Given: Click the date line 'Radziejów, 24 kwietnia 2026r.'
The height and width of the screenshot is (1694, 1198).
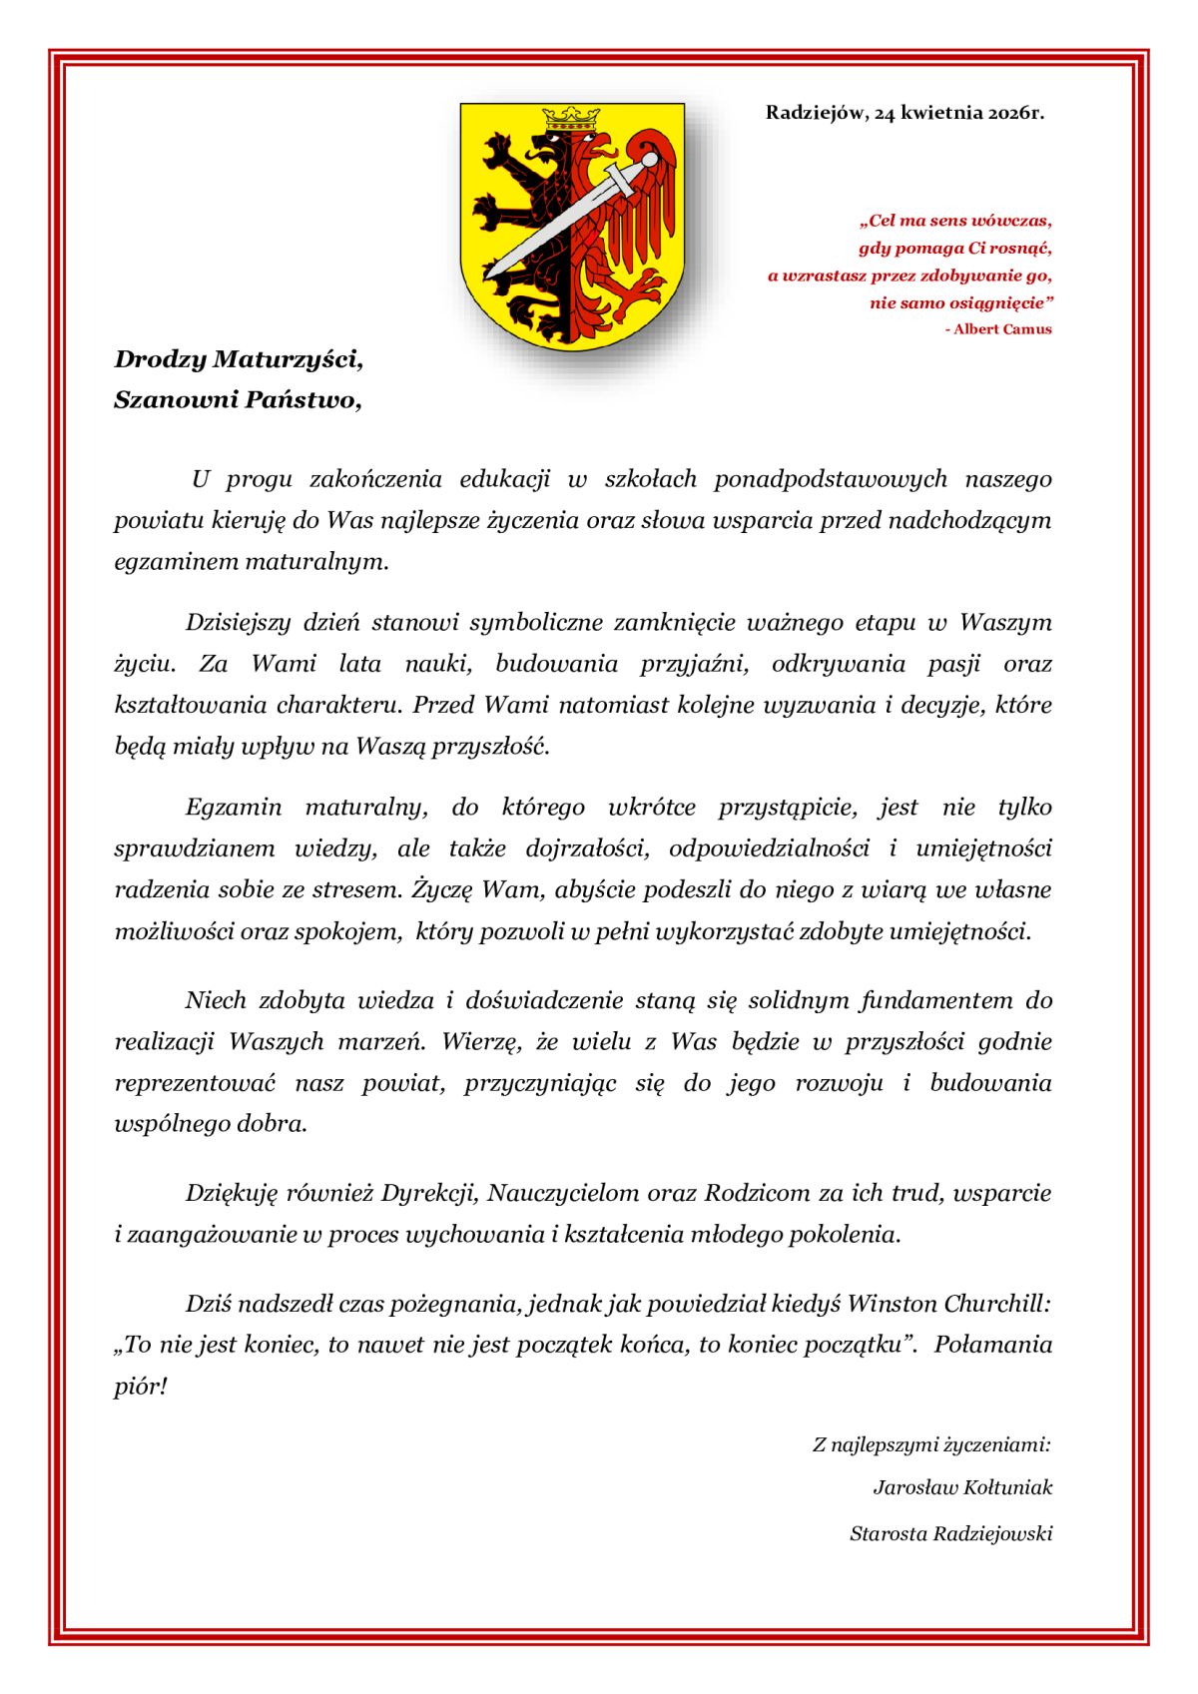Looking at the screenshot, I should pos(904,113).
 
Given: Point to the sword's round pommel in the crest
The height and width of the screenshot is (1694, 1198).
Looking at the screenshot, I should pos(650,159).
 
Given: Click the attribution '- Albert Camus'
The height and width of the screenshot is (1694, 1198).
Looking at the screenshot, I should pos(997,329).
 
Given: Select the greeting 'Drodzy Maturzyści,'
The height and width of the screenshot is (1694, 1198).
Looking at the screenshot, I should pos(239,359).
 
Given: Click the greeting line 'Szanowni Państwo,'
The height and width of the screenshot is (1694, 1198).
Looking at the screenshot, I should pos(238,400).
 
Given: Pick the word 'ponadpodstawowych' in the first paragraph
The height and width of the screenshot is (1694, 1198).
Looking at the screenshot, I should pos(830,479).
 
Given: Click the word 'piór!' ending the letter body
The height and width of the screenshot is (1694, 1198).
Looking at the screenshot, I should pos(140,1387).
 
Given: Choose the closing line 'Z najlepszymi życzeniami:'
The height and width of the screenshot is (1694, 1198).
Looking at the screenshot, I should pos(931,1444).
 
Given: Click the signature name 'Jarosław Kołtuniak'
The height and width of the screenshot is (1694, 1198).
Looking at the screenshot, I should pos(962,1487).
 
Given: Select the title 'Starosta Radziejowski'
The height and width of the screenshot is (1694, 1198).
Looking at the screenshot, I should pos(950,1533).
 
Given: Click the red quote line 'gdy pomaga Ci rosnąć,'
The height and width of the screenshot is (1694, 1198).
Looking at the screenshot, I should pos(954,248).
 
